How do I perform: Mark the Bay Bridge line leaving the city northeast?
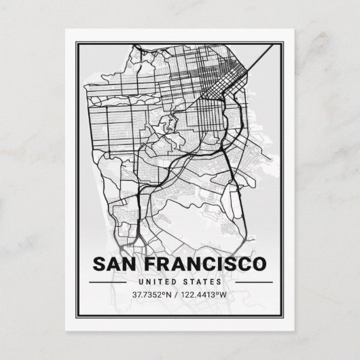tap(262, 56)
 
